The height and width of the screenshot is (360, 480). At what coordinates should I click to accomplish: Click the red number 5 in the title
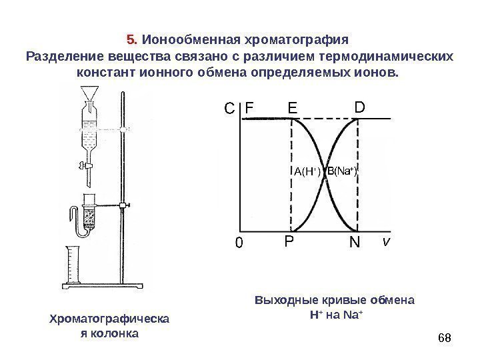(130, 37)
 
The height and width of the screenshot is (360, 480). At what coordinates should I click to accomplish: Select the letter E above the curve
(293, 107)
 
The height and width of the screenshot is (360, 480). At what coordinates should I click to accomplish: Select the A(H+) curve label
(307, 172)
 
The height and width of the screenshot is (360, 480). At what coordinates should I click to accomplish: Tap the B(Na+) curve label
(343, 171)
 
